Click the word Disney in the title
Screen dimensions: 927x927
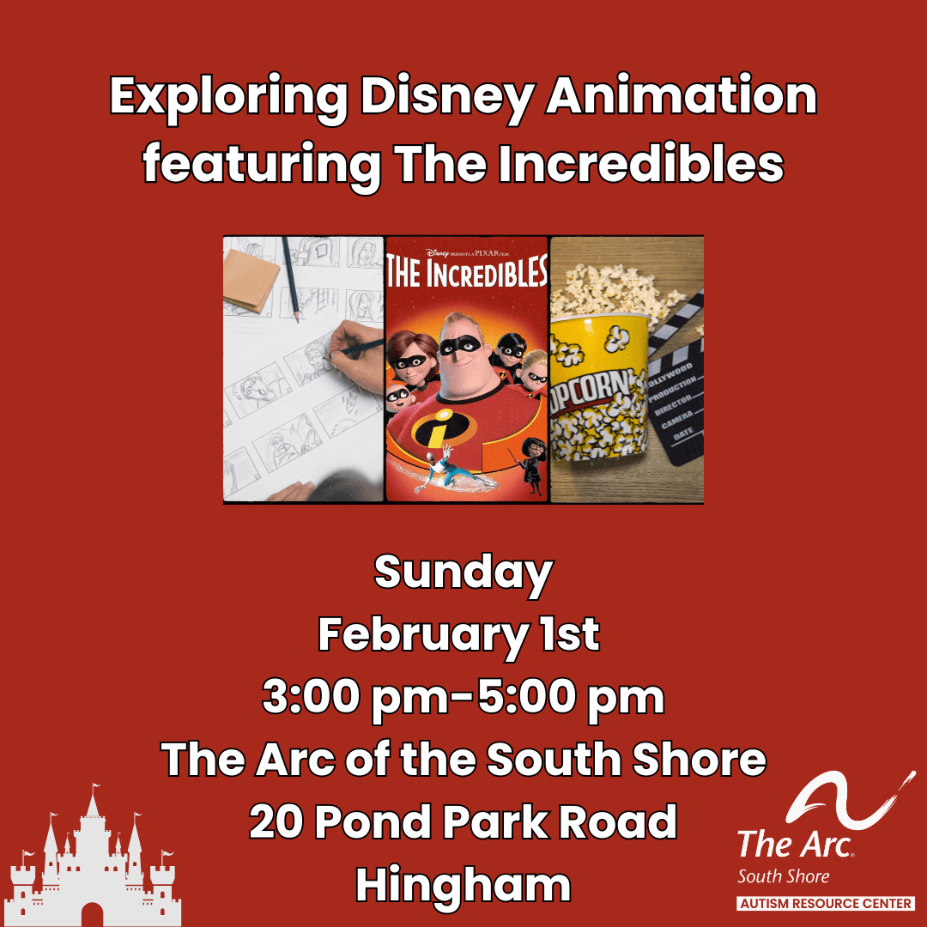click(x=447, y=97)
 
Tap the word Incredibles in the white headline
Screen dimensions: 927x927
click(x=641, y=163)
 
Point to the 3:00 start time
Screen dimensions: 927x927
click(x=311, y=698)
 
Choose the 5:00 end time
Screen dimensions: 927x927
click(x=526, y=698)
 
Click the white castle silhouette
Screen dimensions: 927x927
click(x=93, y=864)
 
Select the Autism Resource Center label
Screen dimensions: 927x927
click(x=826, y=903)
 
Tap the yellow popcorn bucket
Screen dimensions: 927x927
click(x=597, y=387)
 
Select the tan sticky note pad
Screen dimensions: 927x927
click(x=251, y=280)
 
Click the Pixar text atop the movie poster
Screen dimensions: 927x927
click(x=491, y=253)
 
